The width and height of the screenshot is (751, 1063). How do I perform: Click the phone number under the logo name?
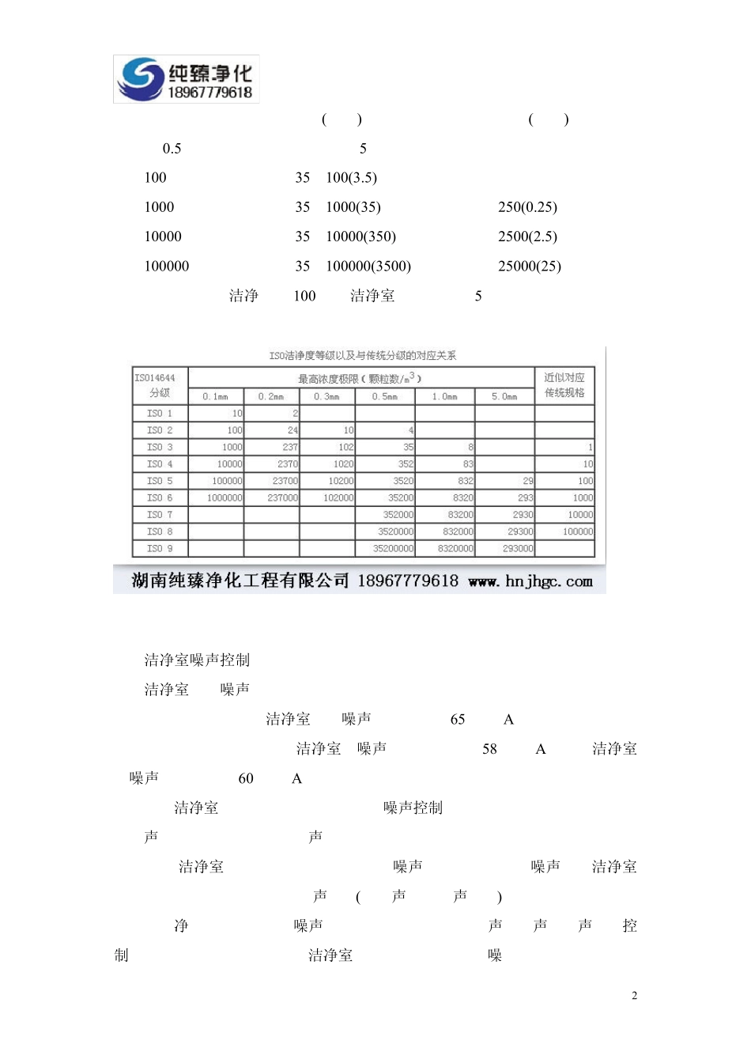point(209,93)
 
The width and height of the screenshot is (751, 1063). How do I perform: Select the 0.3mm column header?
point(326,396)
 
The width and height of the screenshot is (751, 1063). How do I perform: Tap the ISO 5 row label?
point(160,481)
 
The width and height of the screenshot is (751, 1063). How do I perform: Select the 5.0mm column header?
point(504,396)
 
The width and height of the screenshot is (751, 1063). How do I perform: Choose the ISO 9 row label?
point(160,548)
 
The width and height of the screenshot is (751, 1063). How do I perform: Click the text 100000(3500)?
point(368,267)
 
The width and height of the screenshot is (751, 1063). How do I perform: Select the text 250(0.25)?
point(527,207)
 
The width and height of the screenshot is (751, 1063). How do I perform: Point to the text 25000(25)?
point(529,267)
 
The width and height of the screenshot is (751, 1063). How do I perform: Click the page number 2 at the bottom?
point(634,996)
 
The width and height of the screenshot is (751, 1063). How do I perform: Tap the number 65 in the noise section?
point(458,720)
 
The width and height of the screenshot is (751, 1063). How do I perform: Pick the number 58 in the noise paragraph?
point(489,749)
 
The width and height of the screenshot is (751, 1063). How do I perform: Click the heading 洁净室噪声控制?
point(197,660)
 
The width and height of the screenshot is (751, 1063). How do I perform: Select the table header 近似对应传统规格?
point(564,385)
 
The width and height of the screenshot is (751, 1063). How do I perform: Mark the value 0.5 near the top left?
point(172,149)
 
